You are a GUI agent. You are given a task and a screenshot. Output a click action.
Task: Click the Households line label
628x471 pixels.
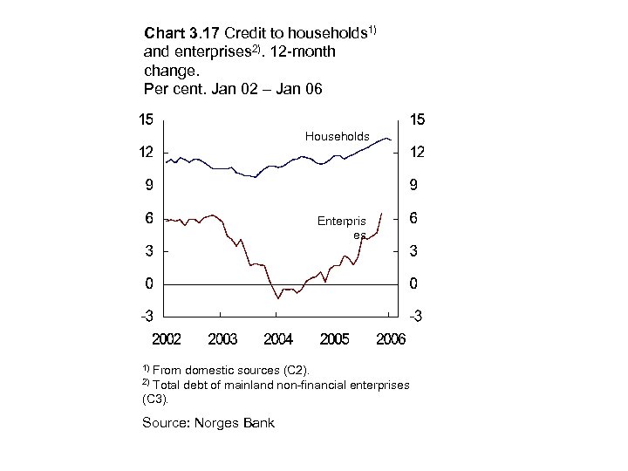click(337, 136)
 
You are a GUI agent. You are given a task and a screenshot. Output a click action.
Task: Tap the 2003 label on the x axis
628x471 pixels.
click(222, 338)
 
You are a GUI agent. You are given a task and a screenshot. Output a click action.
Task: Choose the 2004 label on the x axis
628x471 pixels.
click(278, 338)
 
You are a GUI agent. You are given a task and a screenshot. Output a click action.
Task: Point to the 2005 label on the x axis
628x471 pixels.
click(335, 338)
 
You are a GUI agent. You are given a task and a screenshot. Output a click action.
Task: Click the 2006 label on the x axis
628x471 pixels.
click(391, 338)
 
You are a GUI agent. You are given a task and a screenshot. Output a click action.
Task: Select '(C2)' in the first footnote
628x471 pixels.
click(293, 371)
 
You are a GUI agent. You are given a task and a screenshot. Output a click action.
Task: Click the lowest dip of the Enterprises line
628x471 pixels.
click(278, 298)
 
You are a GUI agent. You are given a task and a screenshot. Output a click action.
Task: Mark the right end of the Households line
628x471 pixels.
click(392, 140)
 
